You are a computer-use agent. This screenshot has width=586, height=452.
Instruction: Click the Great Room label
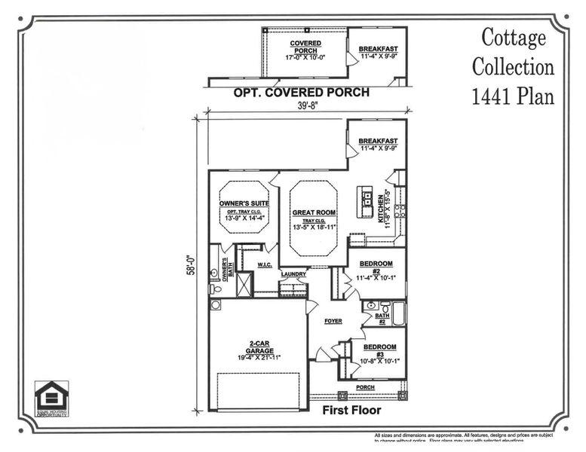(x=314, y=213)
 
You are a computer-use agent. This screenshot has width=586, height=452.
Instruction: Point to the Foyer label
(x=333, y=322)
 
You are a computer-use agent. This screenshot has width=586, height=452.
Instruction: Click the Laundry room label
(x=293, y=274)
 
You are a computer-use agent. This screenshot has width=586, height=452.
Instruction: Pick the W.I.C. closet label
(x=265, y=265)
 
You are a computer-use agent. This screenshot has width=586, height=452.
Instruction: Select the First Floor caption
(x=351, y=411)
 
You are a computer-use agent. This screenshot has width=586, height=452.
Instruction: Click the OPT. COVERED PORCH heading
(x=302, y=93)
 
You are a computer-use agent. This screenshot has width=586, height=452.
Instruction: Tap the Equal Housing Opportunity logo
(x=51, y=398)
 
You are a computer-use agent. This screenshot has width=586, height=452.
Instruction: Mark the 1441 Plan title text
(x=513, y=97)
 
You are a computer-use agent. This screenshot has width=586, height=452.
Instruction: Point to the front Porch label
(x=365, y=387)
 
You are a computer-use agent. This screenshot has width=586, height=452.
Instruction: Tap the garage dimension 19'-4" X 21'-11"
(x=255, y=356)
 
